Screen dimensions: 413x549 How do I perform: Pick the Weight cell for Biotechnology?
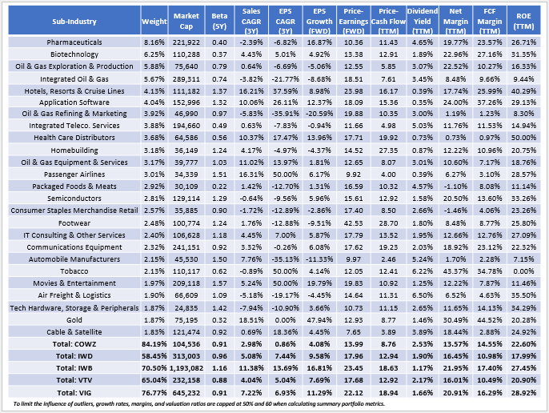tap(175, 53)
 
